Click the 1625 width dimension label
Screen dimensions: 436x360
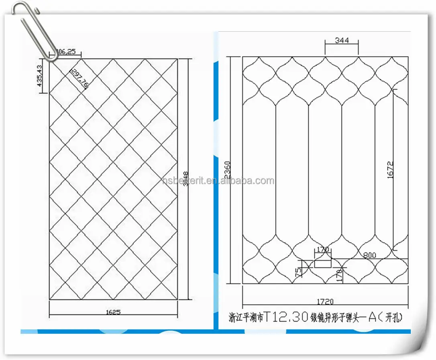click(114, 312)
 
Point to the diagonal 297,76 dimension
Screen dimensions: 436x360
click(79, 77)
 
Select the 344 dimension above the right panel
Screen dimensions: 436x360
click(342, 40)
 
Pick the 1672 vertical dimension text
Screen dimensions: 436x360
click(391, 169)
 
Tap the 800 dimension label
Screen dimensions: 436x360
click(370, 254)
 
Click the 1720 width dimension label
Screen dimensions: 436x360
click(325, 301)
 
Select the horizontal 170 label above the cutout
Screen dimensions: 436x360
click(323, 250)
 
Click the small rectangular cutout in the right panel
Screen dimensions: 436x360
click(322, 263)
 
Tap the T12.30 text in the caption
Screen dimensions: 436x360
click(287, 317)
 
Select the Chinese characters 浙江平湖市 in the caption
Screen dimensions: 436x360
click(246, 318)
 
